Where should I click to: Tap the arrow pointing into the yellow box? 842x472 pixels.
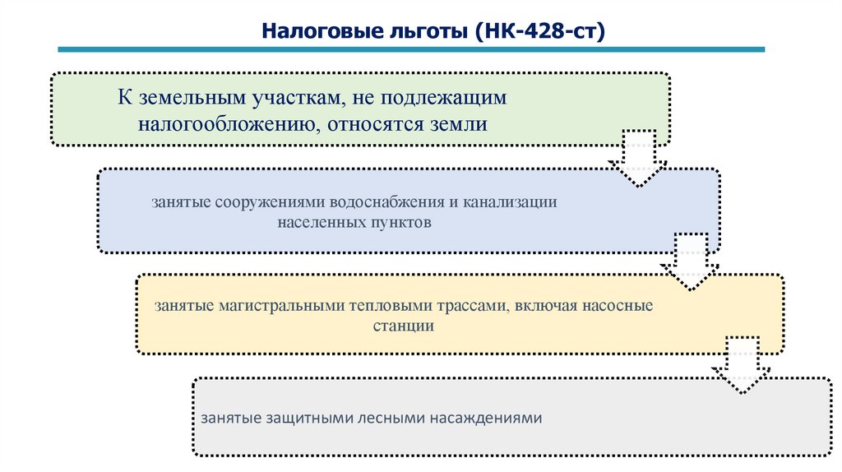click(x=689, y=261)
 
